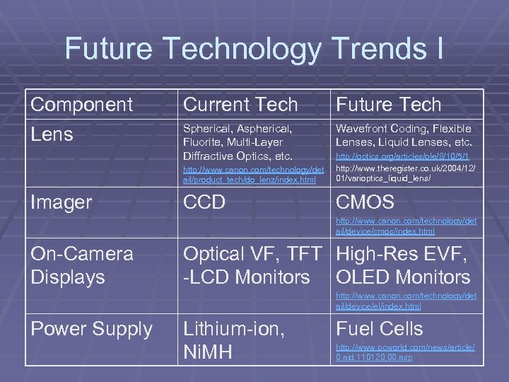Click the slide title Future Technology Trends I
pyautogui.click(x=255, y=49)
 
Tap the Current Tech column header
pyautogui.click(x=240, y=105)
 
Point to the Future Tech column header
pyautogui.click(x=388, y=105)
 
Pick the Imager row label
pyautogui.click(x=61, y=202)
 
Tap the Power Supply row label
pyautogui.click(x=91, y=329)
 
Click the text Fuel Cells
pyautogui.click(x=379, y=329)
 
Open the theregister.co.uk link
pyautogui.click(x=406, y=175)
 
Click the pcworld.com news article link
pyautogui.click(x=406, y=352)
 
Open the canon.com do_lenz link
pyautogui.click(x=254, y=175)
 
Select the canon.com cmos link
pyautogui.click(x=406, y=226)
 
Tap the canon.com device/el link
pyautogui.click(x=406, y=301)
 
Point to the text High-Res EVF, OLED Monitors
pyautogui.click(x=403, y=265)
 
